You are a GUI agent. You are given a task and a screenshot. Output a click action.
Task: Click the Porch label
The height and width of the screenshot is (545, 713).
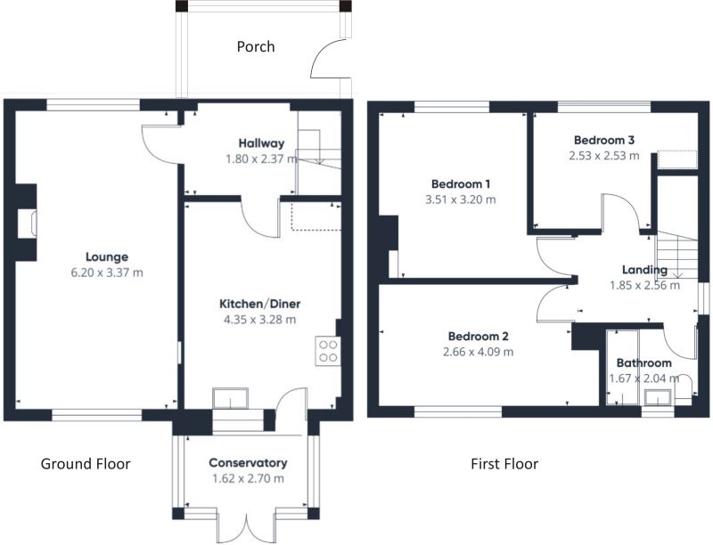256,47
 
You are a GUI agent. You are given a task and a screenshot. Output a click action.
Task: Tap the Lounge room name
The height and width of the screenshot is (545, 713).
107,257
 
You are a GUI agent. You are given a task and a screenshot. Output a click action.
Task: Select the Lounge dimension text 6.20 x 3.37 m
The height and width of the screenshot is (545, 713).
107,272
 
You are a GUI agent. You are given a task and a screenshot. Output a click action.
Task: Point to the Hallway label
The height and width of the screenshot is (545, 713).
261,143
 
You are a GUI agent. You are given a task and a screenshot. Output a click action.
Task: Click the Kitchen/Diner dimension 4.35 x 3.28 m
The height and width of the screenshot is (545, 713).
259,320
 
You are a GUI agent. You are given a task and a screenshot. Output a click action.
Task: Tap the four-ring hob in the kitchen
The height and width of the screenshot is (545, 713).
328,351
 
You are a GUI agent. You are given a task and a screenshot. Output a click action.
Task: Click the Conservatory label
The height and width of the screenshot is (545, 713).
248,463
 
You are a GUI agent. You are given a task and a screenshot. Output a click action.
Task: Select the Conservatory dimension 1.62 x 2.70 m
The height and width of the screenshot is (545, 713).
248,478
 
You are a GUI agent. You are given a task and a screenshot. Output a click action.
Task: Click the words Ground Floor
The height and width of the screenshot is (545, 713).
86,464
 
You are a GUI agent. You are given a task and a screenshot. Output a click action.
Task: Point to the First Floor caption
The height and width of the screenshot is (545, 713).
504,464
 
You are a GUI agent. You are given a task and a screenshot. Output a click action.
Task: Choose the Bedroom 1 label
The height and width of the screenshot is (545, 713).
461,184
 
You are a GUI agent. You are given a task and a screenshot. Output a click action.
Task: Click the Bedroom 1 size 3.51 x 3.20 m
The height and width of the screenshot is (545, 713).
461,199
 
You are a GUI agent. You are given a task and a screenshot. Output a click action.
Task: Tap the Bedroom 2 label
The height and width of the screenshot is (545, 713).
479,336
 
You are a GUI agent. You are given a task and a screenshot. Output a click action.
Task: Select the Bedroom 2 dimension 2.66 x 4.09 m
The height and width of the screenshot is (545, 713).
479,352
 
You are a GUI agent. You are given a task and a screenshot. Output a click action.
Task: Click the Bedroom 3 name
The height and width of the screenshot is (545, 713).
604,140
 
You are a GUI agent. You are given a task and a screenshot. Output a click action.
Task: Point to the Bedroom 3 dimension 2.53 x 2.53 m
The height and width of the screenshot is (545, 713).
604,155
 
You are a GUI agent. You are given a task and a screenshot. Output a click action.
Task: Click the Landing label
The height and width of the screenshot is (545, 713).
644,270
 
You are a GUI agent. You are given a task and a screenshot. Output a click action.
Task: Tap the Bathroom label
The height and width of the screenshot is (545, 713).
643,362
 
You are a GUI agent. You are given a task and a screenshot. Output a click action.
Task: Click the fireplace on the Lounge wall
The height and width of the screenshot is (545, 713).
26,223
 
